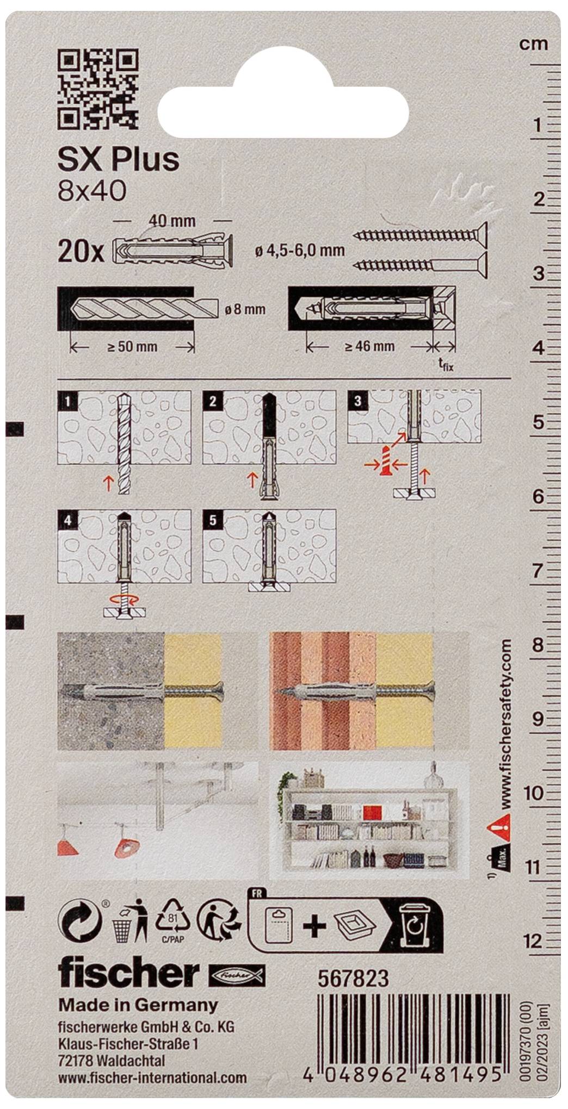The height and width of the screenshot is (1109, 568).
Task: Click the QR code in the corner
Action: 97,89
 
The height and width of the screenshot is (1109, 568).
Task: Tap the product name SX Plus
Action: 118,160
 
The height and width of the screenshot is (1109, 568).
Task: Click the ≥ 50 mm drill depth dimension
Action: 132,346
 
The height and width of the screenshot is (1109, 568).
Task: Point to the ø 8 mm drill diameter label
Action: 245,309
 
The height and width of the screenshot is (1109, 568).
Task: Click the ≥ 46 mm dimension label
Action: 370,346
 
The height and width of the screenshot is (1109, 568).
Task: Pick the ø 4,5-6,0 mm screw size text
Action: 299,250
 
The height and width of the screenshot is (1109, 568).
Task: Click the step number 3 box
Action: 357,401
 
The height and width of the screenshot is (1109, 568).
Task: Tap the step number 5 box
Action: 212,520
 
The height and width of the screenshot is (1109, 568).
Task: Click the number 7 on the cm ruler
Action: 538,570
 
